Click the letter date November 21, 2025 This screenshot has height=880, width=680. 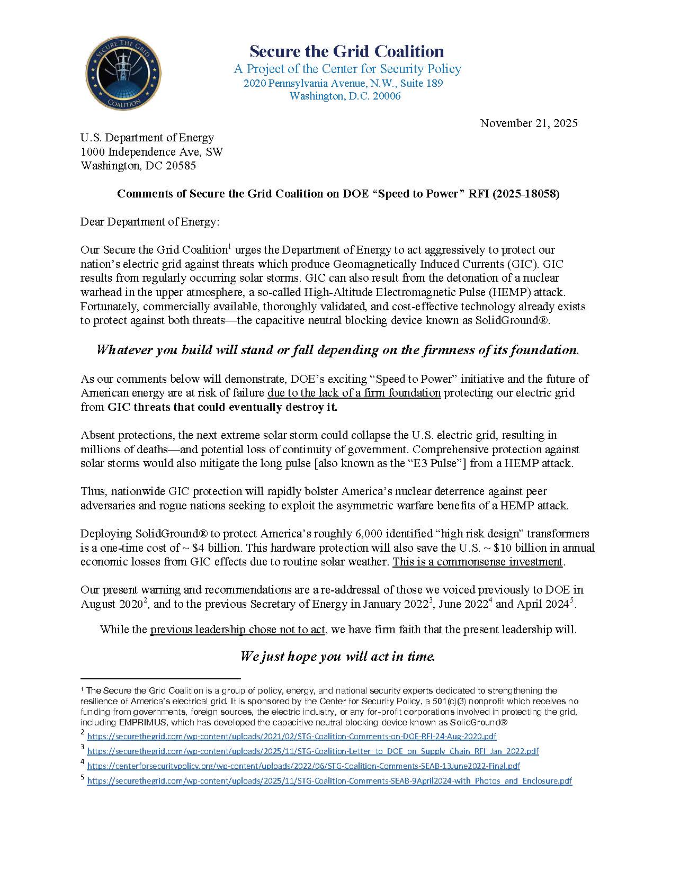pos(529,123)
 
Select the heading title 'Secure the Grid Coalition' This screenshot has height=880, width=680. pos(347,51)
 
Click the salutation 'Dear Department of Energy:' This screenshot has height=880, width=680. pos(150,222)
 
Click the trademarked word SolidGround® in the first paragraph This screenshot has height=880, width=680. pos(518,321)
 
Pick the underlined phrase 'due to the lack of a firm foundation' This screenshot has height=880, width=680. pos(354,393)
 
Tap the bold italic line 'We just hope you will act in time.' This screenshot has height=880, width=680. pos(337,657)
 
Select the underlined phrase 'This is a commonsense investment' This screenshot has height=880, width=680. pos(477,562)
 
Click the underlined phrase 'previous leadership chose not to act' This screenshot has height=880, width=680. pos(237,630)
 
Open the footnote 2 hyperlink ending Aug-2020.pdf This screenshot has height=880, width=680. pos(291,737)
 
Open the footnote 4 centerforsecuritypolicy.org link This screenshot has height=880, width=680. pos(303,766)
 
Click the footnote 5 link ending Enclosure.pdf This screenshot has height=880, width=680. pos(329,781)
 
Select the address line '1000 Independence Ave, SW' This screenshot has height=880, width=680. pos(151,152)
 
